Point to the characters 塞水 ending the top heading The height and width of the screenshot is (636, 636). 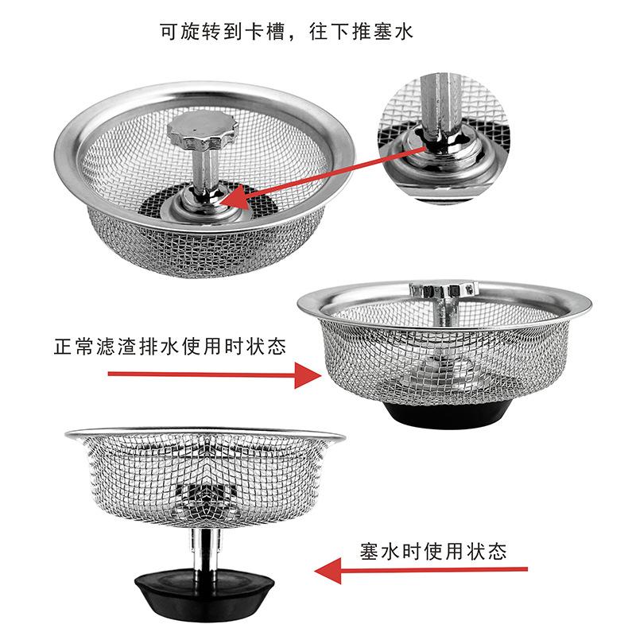point(395,32)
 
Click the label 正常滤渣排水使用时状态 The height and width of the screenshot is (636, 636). point(170,347)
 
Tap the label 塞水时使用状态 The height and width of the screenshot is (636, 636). point(433,551)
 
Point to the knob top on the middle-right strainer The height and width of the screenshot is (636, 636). point(441,289)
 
